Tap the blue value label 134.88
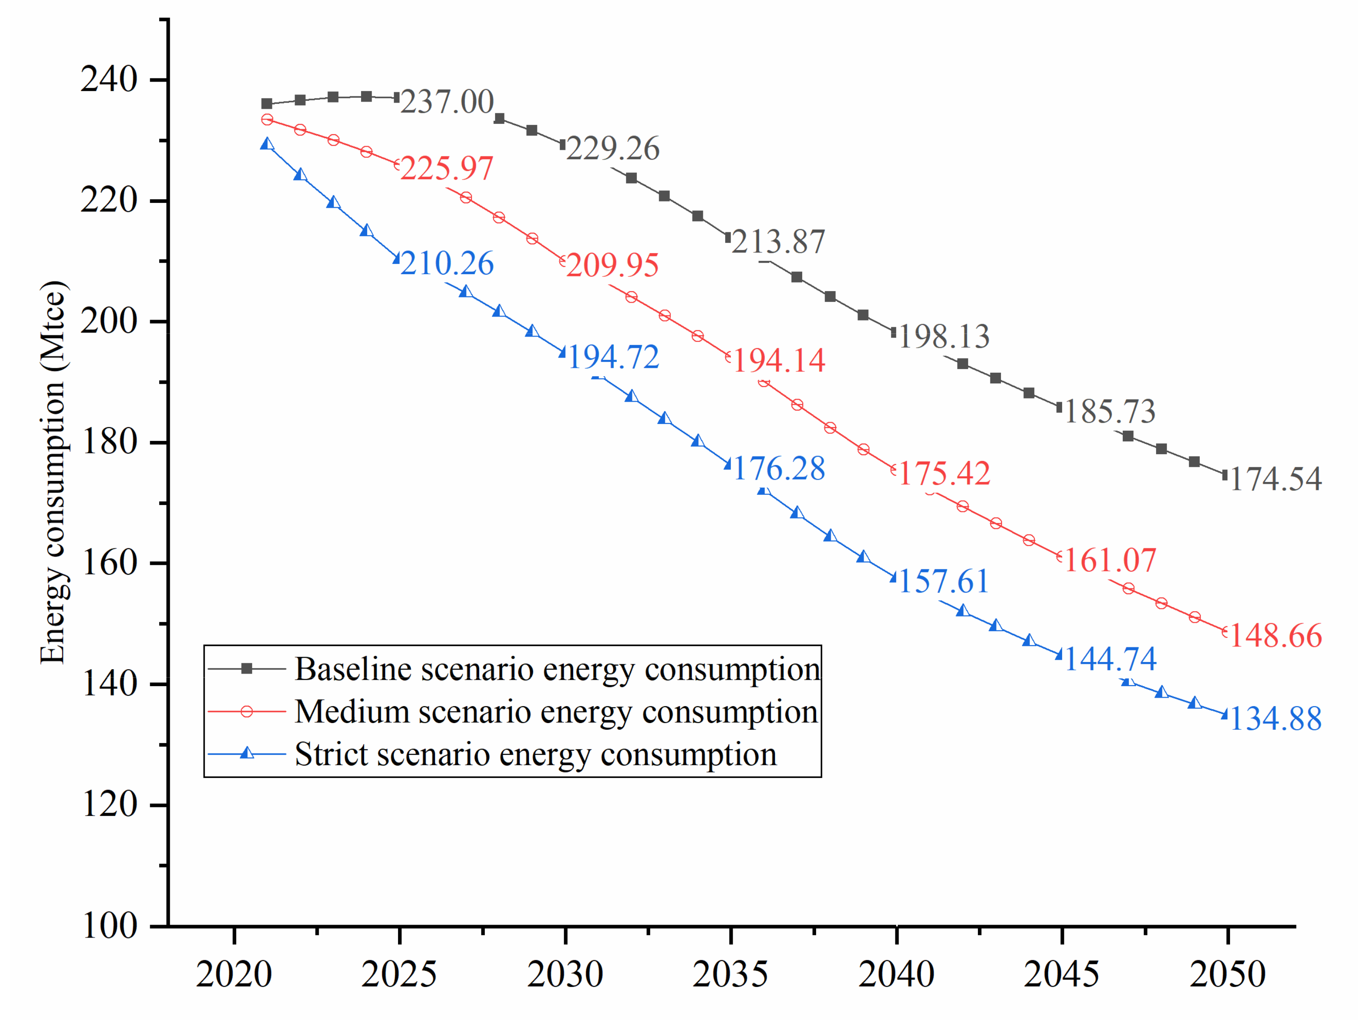1275,719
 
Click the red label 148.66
1275,636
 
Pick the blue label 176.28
779,469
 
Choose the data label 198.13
944,337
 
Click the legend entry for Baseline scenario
556,669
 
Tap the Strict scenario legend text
535,755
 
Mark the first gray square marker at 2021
267,104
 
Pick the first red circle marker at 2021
267,120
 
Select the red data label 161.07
1109,560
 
